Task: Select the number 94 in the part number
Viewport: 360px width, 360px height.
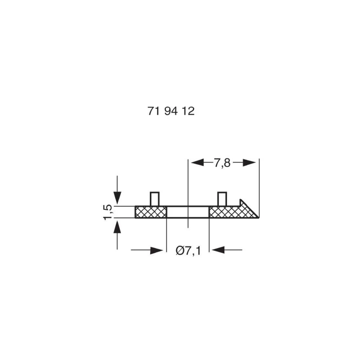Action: point(171,111)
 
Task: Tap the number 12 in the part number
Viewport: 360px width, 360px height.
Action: point(188,111)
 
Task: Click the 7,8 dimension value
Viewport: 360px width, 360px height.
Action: point(222,163)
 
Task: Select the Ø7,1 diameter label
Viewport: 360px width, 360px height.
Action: point(188,249)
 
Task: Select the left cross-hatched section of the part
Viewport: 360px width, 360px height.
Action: point(150,212)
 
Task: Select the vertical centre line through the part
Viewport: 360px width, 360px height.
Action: point(188,187)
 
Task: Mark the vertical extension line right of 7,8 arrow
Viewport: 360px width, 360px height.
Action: point(259,180)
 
